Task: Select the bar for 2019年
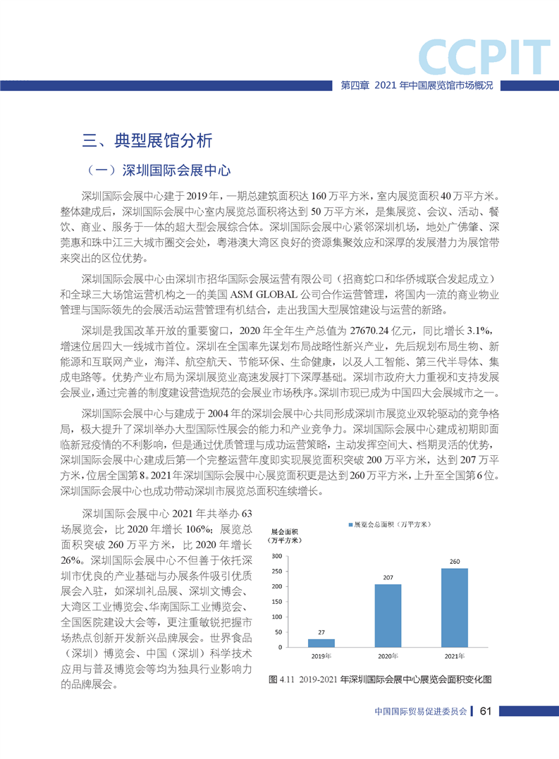(x=321, y=643)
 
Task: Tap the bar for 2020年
(x=388, y=615)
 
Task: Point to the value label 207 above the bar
(x=388, y=578)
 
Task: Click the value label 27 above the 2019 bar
(x=321, y=632)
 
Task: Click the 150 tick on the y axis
(x=276, y=602)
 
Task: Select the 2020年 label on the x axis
(x=388, y=657)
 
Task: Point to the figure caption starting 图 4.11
(x=380, y=680)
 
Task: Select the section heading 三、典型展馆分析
(x=147, y=140)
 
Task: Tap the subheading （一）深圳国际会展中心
(x=156, y=171)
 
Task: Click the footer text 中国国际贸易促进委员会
(x=421, y=711)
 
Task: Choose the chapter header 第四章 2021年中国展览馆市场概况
(x=416, y=85)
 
